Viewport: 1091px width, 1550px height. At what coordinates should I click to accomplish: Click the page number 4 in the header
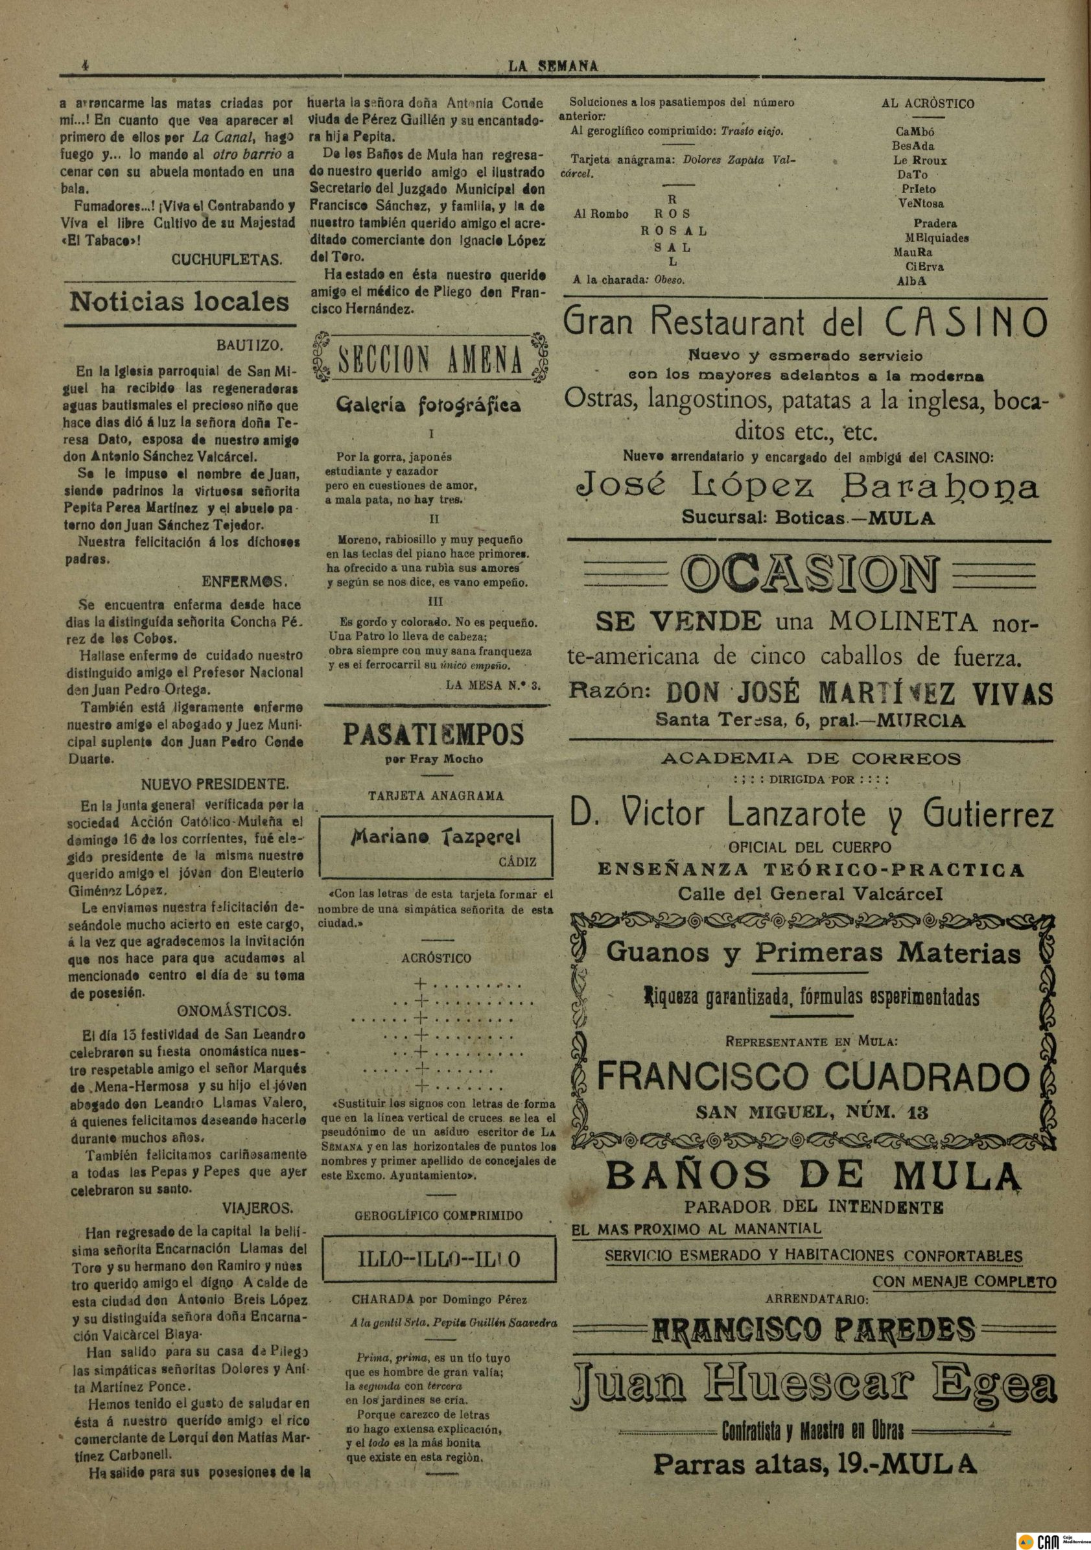(x=85, y=66)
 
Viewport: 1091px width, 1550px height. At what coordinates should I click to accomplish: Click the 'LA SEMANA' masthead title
(x=553, y=66)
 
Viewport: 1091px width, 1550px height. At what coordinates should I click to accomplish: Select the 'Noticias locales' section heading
(x=179, y=301)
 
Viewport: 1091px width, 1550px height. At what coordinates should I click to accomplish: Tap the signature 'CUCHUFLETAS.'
(x=227, y=259)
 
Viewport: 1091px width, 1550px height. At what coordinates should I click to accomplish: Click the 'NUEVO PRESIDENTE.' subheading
(x=215, y=784)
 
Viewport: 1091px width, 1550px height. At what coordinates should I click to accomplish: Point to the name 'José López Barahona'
(x=807, y=488)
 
